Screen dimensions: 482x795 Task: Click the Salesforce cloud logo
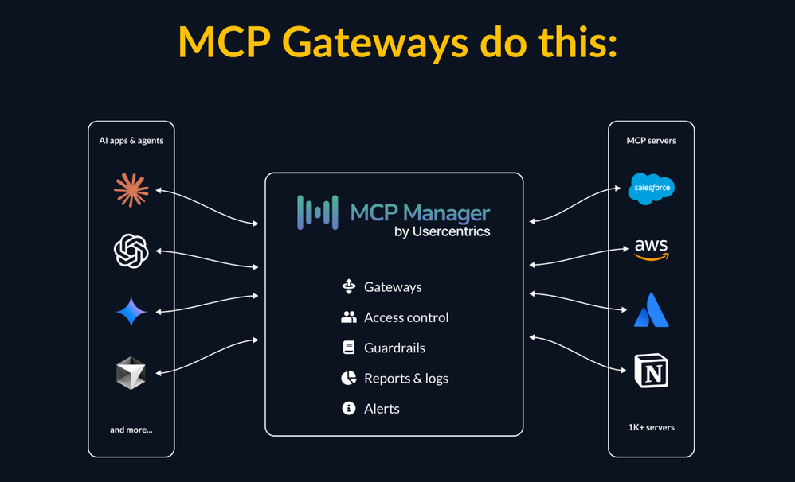tap(651, 189)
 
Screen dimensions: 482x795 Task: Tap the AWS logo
tap(651, 249)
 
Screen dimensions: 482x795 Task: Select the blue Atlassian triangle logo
tap(651, 310)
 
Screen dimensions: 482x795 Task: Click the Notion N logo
tap(651, 371)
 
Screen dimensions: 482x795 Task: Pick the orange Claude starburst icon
tap(131, 190)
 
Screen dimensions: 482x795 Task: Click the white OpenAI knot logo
tap(131, 251)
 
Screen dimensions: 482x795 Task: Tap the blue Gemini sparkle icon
tap(131, 312)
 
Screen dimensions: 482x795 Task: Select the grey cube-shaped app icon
tap(131, 373)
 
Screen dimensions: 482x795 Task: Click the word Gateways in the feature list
tap(393, 287)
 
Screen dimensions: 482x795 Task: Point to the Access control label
tap(406, 317)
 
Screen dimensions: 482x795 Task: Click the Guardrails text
tap(394, 348)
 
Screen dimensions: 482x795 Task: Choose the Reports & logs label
tap(406, 379)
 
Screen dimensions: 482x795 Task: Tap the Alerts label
tap(382, 409)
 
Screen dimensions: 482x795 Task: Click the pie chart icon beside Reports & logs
tap(349, 379)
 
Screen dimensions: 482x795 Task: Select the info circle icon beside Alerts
tap(349, 409)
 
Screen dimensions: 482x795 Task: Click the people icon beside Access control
tap(349, 317)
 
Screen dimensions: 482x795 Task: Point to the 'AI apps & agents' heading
tap(131, 141)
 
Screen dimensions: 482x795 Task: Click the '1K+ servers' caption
tap(651, 427)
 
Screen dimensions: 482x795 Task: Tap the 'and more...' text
tap(131, 430)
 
